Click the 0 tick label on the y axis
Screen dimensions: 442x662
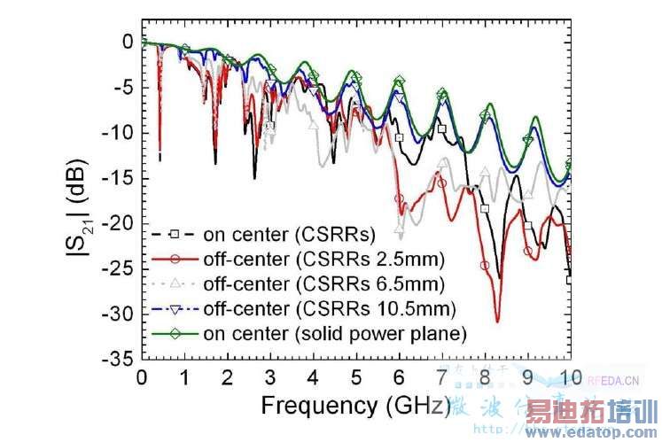[x=129, y=43]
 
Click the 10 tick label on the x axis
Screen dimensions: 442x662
[x=571, y=377]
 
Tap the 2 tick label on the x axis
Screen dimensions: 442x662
[x=228, y=377]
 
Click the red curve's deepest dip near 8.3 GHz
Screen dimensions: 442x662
[x=498, y=321]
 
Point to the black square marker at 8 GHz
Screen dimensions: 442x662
[x=485, y=208]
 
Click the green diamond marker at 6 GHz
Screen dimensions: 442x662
[x=400, y=81]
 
